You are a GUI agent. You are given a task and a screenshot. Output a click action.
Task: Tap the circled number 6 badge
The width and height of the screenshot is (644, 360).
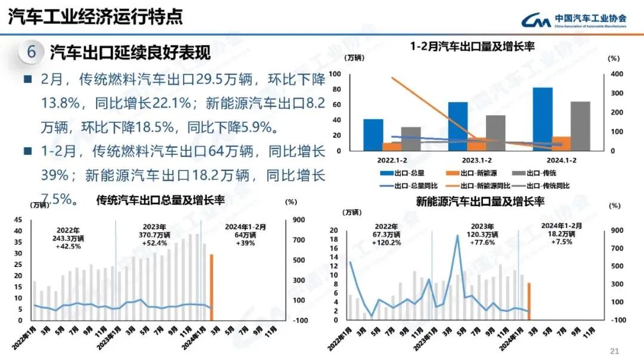pos(32,52)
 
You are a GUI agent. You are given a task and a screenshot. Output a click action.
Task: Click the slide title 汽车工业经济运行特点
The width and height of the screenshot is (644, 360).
pos(95,17)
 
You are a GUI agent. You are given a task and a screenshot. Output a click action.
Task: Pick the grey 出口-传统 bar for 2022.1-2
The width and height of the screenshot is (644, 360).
pos(410,138)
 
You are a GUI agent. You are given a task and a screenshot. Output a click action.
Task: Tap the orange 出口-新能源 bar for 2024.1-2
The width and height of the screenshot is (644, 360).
pos(561,143)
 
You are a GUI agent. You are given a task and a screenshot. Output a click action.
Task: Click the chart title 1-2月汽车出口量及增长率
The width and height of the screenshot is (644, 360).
pos(472,46)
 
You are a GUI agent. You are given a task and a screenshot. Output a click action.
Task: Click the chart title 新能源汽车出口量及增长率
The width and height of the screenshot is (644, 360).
pos(480,201)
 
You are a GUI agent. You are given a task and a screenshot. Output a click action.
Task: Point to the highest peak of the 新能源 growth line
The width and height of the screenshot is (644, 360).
pos(457,236)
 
